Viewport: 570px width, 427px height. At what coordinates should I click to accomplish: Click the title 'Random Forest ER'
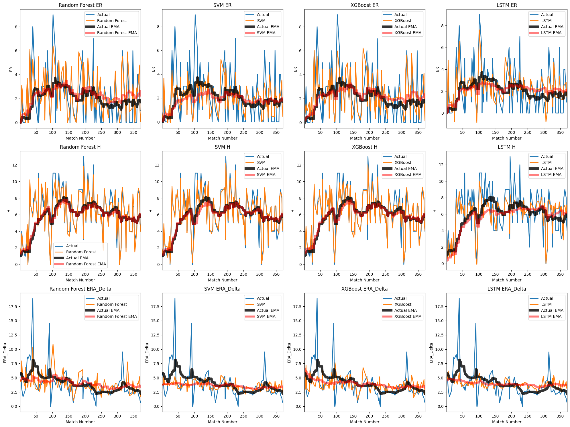80,5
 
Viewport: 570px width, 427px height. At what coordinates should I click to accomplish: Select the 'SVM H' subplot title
222,147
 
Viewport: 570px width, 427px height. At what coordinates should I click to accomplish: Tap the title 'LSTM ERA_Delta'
507,289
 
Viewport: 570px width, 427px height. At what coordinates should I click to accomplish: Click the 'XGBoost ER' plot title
364,5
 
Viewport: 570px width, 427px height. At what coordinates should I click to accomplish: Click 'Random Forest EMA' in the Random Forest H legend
86,264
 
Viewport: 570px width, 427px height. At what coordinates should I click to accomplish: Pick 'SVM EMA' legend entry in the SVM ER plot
266,33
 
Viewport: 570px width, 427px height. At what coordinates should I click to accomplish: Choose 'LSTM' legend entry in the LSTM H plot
546,162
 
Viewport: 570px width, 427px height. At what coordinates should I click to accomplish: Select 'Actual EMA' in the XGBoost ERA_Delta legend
405,310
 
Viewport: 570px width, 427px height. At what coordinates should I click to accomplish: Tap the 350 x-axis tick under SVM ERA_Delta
276,416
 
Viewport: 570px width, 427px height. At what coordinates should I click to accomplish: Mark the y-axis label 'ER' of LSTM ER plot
437,69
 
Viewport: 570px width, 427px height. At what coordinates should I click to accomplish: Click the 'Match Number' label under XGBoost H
364,280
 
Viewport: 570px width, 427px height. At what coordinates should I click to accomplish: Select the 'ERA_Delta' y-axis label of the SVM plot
147,353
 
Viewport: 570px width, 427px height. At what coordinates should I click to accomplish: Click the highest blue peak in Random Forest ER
53,15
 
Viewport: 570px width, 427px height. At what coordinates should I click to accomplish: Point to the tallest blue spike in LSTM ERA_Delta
459,299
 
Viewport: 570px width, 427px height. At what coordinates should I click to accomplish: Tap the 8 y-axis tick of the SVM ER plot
158,27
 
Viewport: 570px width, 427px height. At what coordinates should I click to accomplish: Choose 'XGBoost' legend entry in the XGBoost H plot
403,162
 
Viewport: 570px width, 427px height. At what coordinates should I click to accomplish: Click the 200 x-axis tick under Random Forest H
85,274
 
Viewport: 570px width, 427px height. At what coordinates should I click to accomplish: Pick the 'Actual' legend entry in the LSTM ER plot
547,15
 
